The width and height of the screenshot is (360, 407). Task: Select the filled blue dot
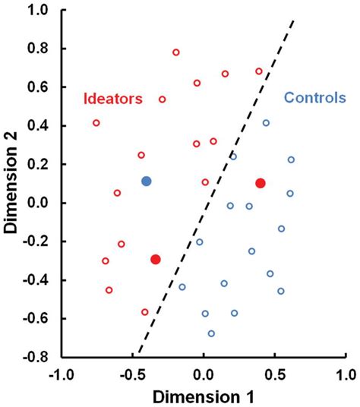pos(147,181)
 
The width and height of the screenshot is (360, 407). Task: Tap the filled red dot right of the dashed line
pos(261,183)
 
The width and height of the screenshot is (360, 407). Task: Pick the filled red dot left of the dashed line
pos(156,260)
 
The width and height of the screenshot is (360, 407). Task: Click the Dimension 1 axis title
pos(204,396)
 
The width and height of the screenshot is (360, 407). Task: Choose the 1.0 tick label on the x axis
pos(346,374)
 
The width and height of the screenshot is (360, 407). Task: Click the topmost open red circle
pos(176,52)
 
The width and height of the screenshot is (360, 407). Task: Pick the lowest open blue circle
pos(211,333)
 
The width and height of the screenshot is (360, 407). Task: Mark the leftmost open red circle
pos(96,123)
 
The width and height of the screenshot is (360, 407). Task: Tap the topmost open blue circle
pos(266,123)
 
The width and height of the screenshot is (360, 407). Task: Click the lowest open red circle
pos(145,312)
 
